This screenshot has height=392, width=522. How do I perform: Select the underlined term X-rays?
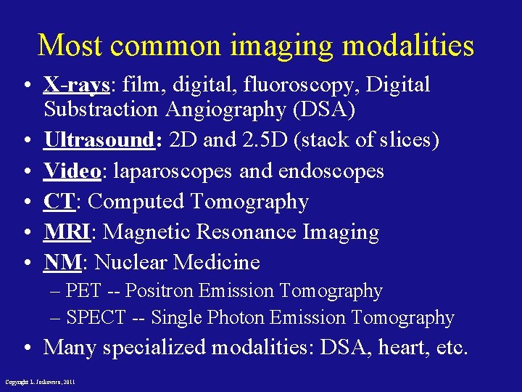point(75,85)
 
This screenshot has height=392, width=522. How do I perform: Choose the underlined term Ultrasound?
point(99,140)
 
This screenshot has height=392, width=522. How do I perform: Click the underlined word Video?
point(72,171)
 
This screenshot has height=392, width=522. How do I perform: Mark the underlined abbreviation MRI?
point(67,232)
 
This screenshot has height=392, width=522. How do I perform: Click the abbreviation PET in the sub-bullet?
point(83,291)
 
